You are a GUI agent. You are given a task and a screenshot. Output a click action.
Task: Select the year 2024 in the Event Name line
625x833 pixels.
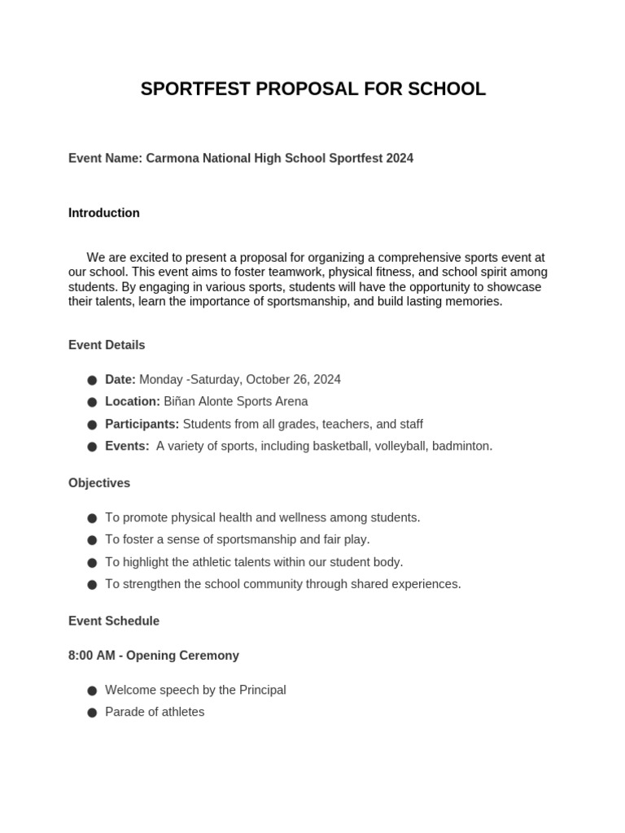coord(400,159)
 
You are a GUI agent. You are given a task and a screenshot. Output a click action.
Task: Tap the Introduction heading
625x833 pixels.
coord(104,213)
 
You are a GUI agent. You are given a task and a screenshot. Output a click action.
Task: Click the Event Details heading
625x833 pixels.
coord(107,345)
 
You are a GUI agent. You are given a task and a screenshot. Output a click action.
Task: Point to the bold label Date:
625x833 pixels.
coord(120,380)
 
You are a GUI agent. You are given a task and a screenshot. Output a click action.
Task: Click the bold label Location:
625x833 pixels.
coord(133,402)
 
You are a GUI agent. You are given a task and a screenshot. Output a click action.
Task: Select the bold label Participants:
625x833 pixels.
coord(142,424)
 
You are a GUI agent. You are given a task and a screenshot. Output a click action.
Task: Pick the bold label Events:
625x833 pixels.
coord(127,446)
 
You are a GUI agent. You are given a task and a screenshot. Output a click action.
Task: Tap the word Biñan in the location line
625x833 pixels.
coord(180,402)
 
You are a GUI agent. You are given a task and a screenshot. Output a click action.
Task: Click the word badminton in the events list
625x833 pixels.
coord(461,446)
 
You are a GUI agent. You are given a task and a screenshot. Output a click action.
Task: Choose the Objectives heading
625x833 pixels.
coord(99,483)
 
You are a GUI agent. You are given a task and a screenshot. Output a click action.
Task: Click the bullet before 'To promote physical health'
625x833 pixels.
coord(92,518)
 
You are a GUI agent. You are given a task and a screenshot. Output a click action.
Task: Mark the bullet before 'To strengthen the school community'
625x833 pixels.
coord(92,585)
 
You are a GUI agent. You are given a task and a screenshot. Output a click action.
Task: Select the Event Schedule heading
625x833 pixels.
coord(114,621)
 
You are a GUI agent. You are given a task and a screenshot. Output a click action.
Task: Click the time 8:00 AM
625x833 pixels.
coord(92,656)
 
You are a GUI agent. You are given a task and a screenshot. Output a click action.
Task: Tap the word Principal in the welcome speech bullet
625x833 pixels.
coord(262,690)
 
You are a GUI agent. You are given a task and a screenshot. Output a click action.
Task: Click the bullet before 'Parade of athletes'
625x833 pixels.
coord(92,713)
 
